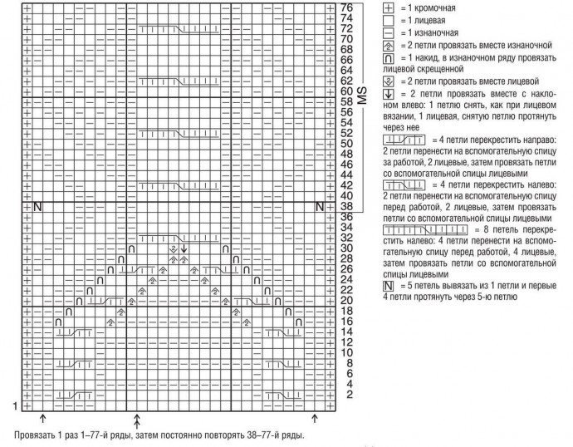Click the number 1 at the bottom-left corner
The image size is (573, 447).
tap(14, 405)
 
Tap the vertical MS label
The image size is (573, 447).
tap(362, 96)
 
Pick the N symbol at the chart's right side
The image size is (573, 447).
tap(319, 206)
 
